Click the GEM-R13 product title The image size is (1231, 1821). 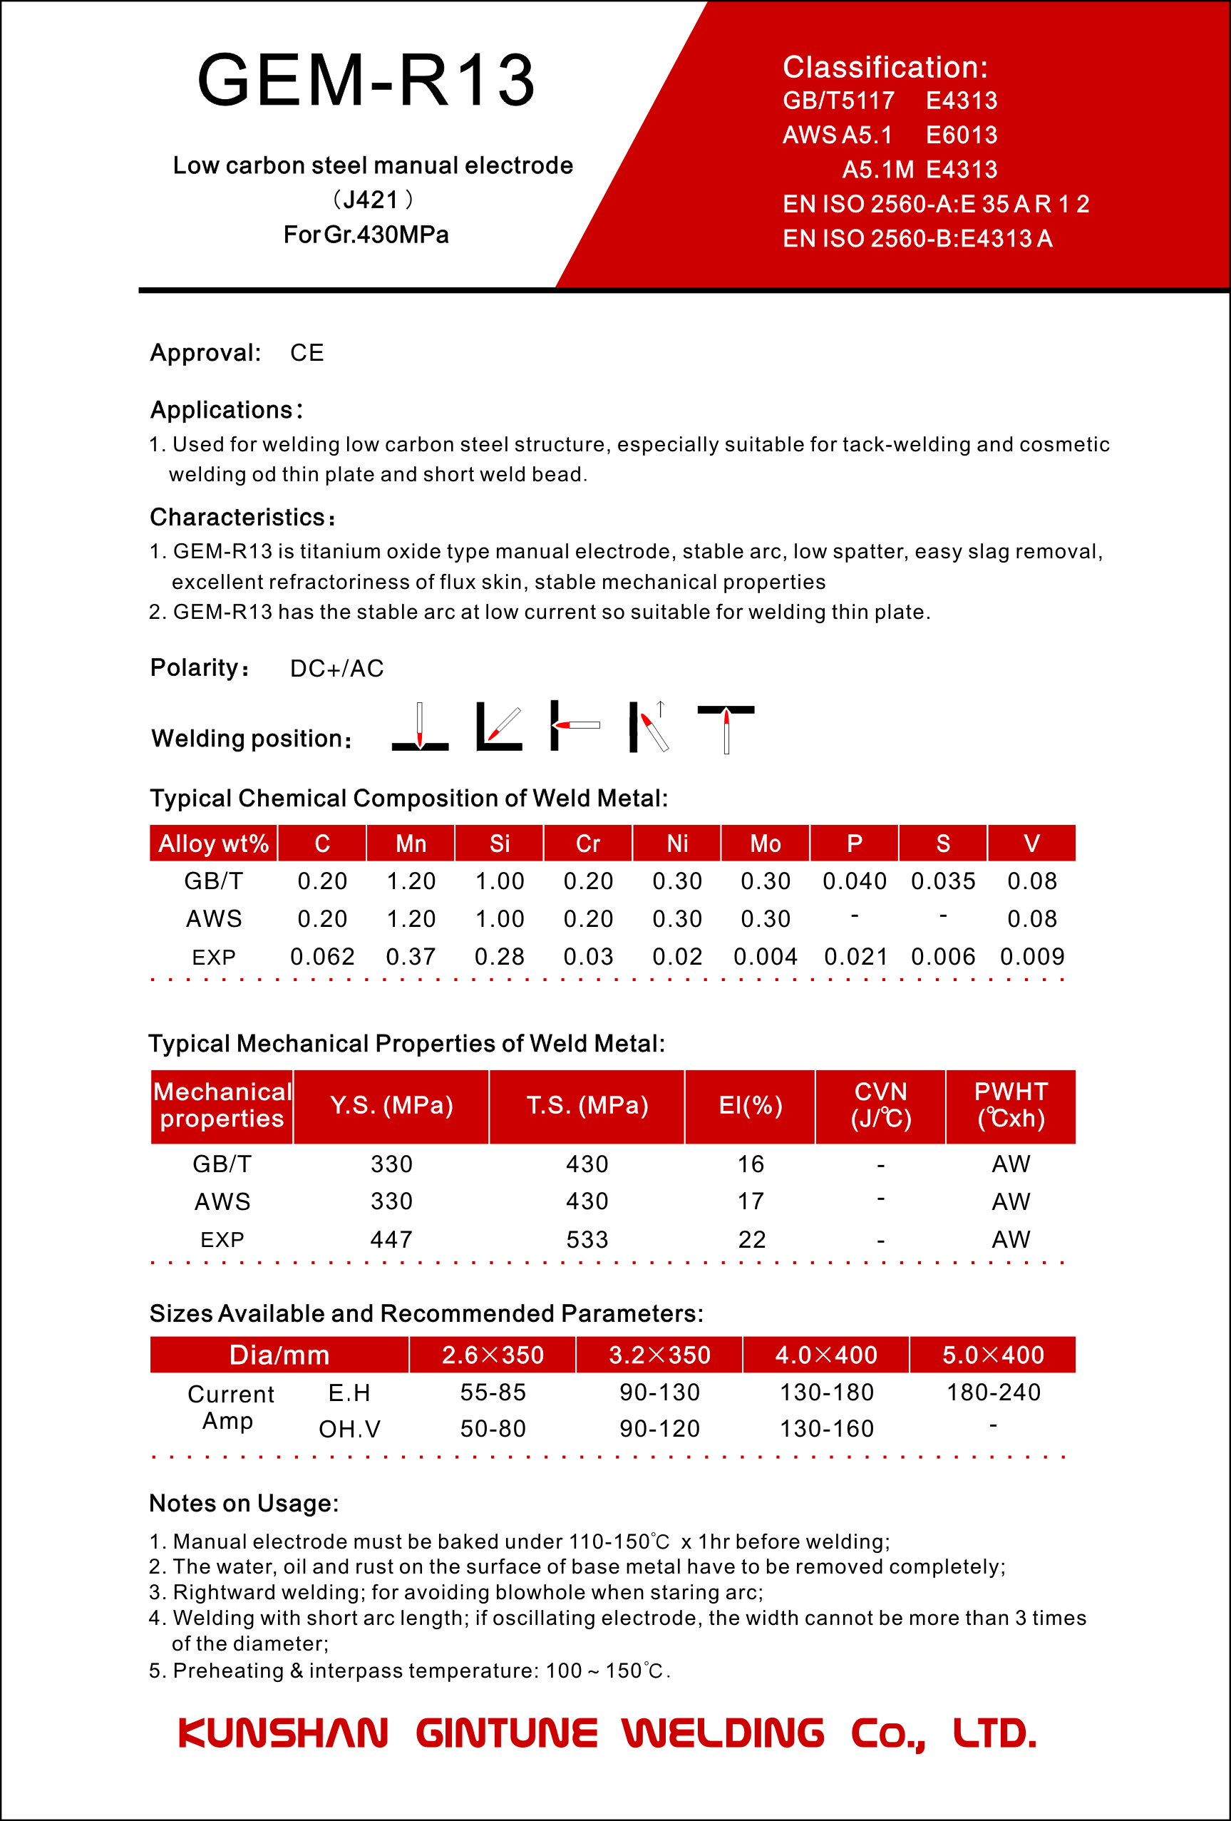pos(366,80)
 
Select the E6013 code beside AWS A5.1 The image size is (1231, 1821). pos(962,135)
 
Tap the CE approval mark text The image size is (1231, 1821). pos(307,353)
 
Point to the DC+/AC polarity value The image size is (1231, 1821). pos(337,668)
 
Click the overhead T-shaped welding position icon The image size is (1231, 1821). pos(726,727)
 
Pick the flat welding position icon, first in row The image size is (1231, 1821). pos(420,727)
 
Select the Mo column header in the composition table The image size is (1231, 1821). pos(765,843)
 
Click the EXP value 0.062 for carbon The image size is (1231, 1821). pos(322,957)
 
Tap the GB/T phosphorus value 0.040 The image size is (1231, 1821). pos(854,881)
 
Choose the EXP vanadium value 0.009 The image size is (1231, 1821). pos(1032,957)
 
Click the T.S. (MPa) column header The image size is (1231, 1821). pos(587,1106)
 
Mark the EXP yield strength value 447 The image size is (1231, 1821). pos(391,1240)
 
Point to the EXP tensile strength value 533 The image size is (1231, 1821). pos(587,1240)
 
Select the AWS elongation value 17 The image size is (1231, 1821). pos(750,1201)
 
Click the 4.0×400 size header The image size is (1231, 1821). pos(826,1355)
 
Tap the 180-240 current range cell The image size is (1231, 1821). pos(993,1392)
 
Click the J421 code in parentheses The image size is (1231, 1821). pos(372,200)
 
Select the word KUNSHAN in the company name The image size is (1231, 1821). pos(283,1734)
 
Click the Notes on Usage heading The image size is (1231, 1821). pos(244,1504)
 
